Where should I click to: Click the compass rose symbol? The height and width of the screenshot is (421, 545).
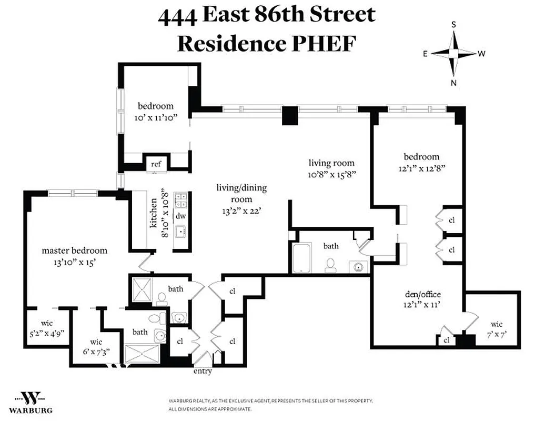(453, 53)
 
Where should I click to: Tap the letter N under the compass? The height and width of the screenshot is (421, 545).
(453, 83)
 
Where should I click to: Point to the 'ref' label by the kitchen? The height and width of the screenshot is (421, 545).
(156, 164)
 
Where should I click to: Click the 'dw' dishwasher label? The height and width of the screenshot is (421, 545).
(180, 216)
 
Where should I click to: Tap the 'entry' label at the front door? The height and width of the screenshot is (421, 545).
(203, 371)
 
